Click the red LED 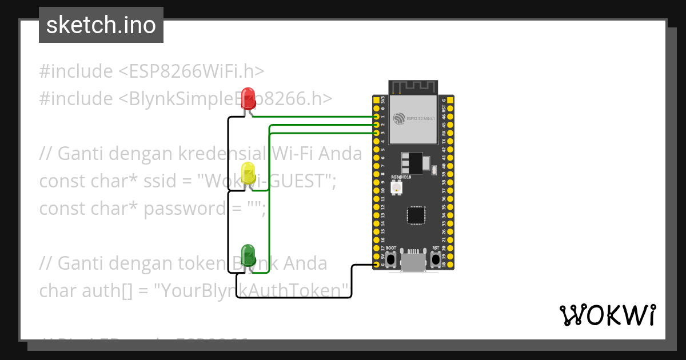248,96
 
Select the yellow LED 248,173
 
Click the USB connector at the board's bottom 413,262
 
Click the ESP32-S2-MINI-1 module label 420,118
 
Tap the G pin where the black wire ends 376,265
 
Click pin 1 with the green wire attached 376,117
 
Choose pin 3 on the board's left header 376,133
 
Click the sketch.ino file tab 101,25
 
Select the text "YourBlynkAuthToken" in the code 252,291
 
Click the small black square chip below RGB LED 416,215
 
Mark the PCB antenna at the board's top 413,87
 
